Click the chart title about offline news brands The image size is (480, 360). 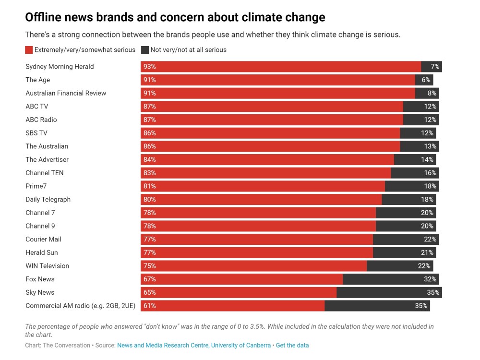pyautogui.click(x=175, y=18)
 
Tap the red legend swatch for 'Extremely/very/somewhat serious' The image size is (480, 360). pyautogui.click(x=29, y=50)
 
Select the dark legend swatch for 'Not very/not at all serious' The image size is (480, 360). pyautogui.click(x=145, y=50)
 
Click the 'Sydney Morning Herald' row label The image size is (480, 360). pyautogui.click(x=60, y=67)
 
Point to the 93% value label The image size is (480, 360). pyautogui.click(x=149, y=67)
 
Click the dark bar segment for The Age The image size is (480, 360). pyautogui.click(x=424, y=80)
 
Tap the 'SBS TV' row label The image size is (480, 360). pyautogui.click(x=36, y=133)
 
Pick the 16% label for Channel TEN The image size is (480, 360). pyautogui.click(x=430, y=173)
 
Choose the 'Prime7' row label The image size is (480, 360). pyautogui.click(x=36, y=186)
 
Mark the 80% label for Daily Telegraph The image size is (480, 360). pyautogui.click(x=149, y=199)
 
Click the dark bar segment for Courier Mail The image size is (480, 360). pyautogui.click(x=406, y=239)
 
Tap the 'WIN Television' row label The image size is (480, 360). pyautogui.click(x=47, y=266)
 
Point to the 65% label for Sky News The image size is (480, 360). pyautogui.click(x=149, y=292)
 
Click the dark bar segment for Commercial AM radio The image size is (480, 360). pyautogui.click(x=377, y=306)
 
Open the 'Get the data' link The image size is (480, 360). pyautogui.click(x=292, y=345)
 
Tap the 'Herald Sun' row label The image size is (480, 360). pyautogui.click(x=42, y=252)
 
